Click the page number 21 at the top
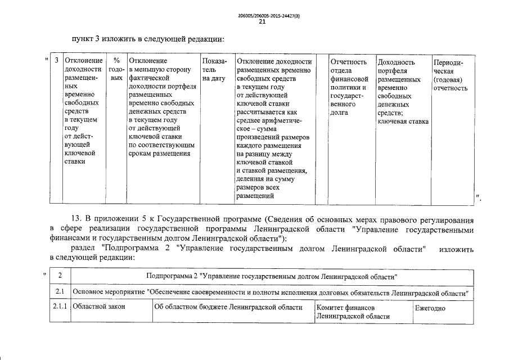[x=262, y=22]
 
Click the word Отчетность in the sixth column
[x=349, y=62]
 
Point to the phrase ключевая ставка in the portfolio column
[x=403, y=121]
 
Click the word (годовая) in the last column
[x=448, y=79]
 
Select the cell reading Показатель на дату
[x=214, y=70]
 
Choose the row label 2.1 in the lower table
[x=60, y=293]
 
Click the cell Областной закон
[x=99, y=308]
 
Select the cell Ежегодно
[x=430, y=308]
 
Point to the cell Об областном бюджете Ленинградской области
[x=228, y=308]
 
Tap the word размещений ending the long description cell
[x=255, y=196]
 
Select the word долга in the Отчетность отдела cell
[x=340, y=112]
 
